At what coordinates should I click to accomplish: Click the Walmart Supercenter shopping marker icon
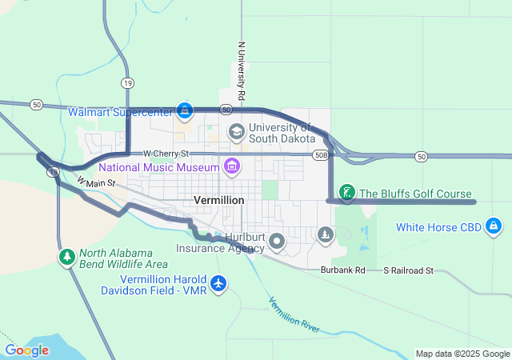tap(186, 110)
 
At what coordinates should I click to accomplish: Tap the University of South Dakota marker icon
tap(236, 130)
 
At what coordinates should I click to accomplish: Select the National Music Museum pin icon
tap(232, 166)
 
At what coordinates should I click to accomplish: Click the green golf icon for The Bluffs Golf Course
tap(346, 192)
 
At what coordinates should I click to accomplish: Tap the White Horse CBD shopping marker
tap(494, 227)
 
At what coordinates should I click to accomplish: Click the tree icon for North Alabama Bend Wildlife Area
tap(67, 257)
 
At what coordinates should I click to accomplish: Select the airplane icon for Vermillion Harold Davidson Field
tap(218, 282)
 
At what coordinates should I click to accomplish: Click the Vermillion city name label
tap(218, 199)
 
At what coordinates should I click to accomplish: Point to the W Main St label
tap(97, 183)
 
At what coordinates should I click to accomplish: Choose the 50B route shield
tap(321, 154)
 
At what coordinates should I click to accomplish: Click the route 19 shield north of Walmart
tap(127, 82)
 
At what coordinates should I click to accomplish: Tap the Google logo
tap(26, 350)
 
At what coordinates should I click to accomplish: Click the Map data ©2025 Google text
tap(462, 354)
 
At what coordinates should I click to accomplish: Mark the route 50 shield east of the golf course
tap(422, 156)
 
